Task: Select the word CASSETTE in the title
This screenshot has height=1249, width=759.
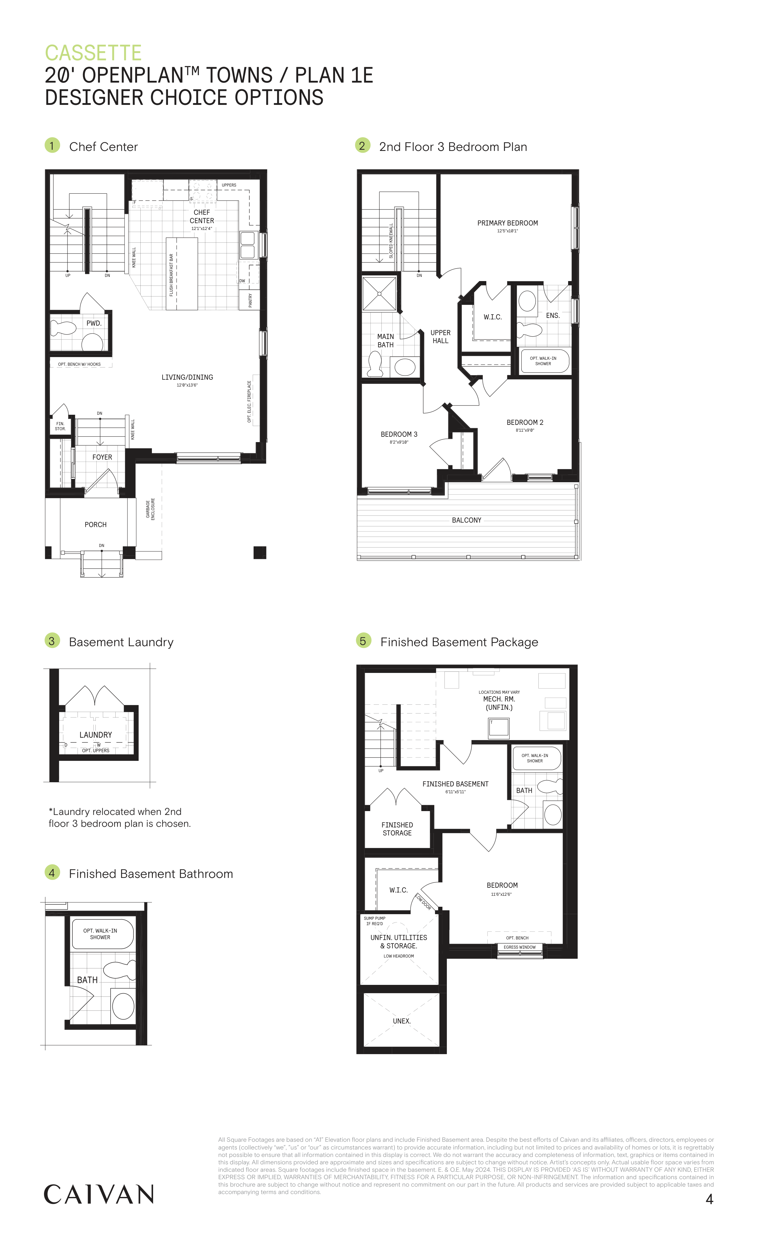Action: click(93, 53)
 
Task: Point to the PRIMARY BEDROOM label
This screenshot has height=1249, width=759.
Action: click(507, 223)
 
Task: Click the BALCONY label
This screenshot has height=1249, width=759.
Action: click(466, 520)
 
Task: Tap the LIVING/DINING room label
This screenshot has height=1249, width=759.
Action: click(187, 377)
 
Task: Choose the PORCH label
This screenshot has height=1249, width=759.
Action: click(95, 525)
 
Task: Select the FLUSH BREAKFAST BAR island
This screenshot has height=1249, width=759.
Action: click(182, 273)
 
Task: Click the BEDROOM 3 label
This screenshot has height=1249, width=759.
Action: click(399, 434)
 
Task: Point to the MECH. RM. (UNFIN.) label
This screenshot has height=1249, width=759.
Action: click(499, 703)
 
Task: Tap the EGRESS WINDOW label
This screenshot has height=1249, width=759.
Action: click(520, 947)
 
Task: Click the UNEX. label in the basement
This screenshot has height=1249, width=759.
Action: click(401, 1021)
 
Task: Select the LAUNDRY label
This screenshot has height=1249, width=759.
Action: click(95, 735)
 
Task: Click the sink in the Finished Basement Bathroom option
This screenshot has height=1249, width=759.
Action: click(123, 1006)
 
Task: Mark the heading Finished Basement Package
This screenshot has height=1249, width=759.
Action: click(459, 642)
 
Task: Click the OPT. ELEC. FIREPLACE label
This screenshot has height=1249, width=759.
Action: click(249, 401)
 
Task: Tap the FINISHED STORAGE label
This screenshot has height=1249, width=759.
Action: click(397, 829)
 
